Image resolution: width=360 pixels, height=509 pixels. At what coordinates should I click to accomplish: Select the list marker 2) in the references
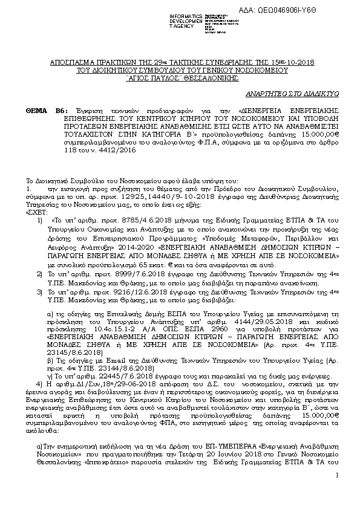[39, 257]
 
